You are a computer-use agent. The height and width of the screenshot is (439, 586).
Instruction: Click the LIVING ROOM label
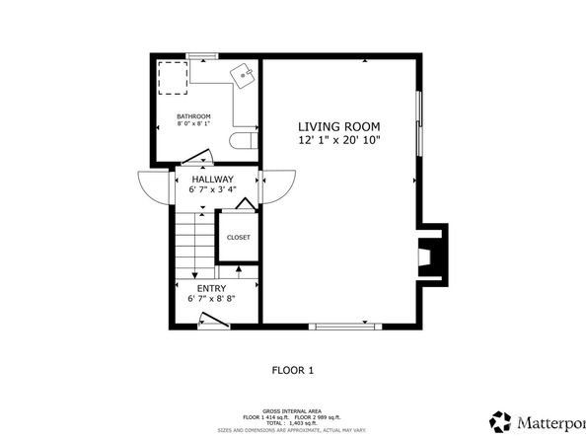(338, 126)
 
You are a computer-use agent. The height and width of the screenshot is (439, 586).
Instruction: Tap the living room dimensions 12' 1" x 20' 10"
(338, 141)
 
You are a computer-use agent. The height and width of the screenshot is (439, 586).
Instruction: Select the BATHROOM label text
(193, 116)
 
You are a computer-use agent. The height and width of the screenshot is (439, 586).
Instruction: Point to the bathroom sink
(243, 73)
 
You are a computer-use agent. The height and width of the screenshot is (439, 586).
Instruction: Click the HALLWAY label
(212, 179)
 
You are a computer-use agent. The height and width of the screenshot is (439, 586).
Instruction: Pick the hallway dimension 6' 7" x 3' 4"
(212, 189)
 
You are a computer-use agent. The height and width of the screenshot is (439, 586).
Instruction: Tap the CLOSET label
(239, 237)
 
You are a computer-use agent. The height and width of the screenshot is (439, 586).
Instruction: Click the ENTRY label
(211, 288)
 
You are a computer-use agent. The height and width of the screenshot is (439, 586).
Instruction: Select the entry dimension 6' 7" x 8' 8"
(211, 299)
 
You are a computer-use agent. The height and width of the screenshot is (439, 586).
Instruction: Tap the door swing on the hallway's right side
(279, 184)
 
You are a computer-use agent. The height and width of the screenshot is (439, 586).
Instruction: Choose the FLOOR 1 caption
(292, 370)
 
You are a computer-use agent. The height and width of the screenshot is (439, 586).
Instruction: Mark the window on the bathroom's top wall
(202, 55)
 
